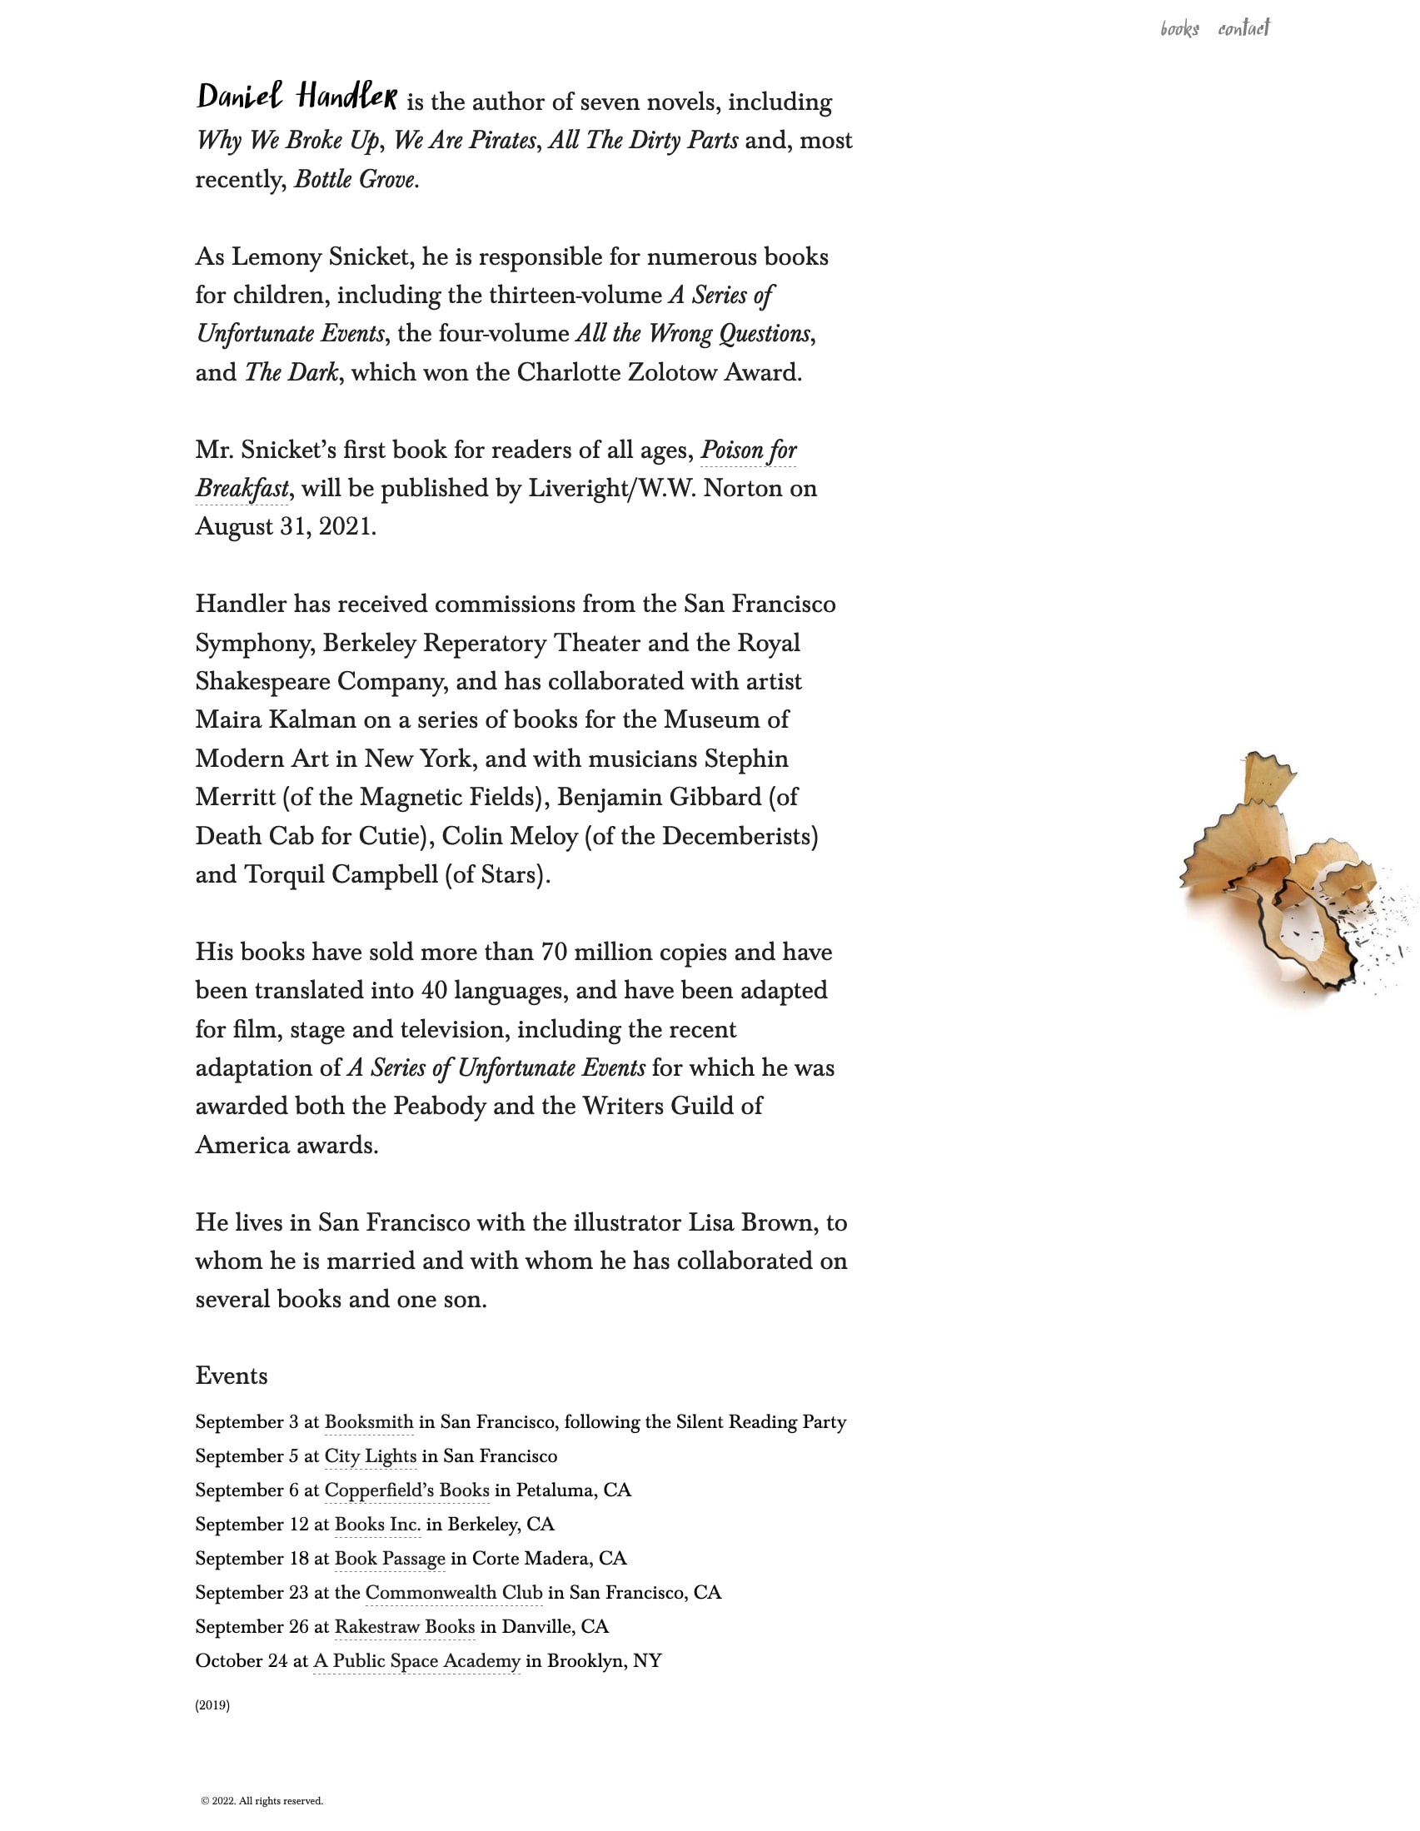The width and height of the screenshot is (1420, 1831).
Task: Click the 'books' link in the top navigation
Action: tap(1179, 29)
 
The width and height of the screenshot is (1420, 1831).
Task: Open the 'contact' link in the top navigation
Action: tap(1244, 28)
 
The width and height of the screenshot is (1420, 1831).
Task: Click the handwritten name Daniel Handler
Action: tap(296, 97)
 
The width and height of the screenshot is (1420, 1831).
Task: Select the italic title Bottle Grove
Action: tap(355, 179)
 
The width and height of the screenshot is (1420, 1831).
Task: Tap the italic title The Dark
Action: tap(291, 372)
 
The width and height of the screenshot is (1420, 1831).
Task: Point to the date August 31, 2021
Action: tap(285, 526)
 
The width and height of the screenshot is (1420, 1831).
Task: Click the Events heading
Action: tap(232, 1376)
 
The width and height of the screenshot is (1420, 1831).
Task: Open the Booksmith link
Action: tap(369, 1422)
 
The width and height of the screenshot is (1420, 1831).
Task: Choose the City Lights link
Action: tap(370, 1456)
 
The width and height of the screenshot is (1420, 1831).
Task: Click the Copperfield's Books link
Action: tap(406, 1490)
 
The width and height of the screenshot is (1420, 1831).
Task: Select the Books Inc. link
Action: tap(377, 1524)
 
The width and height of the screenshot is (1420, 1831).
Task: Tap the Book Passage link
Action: tap(390, 1559)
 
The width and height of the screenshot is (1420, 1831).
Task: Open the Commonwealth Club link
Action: tap(454, 1593)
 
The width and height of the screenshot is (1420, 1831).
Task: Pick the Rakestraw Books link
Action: tap(404, 1626)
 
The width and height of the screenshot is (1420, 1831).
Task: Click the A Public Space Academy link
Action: tap(417, 1661)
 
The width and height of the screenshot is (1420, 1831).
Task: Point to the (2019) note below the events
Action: tap(212, 1705)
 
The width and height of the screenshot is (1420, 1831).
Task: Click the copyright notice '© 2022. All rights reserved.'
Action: tap(262, 1801)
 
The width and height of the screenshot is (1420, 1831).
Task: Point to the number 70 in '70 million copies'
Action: tap(555, 953)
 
